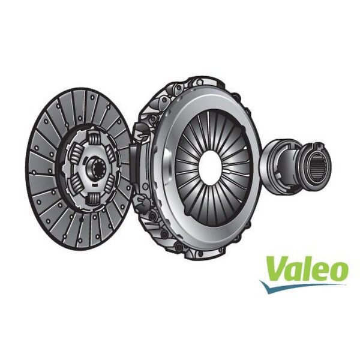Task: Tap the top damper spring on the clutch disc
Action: tap(96, 137)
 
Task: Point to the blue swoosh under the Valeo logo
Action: tap(300, 287)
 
